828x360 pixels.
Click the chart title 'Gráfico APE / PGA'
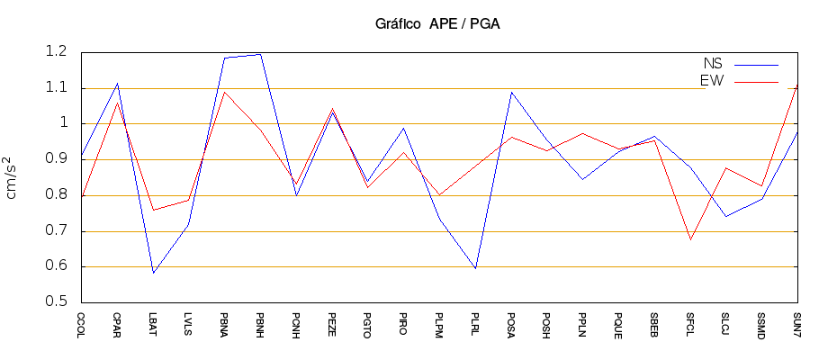(x=437, y=24)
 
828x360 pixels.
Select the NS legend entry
(x=712, y=64)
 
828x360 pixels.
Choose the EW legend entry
(x=712, y=81)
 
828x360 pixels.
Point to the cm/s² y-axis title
(x=12, y=177)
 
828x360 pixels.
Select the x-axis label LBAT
(x=153, y=324)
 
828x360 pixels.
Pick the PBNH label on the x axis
(x=260, y=324)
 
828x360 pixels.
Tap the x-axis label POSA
(x=510, y=325)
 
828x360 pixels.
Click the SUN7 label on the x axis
(x=796, y=324)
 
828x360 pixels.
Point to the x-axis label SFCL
(x=689, y=324)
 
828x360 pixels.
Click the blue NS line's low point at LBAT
(x=153, y=273)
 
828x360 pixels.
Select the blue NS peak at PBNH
(x=260, y=54)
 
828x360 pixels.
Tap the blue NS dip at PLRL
(x=475, y=268)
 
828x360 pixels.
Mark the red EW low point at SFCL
(x=689, y=239)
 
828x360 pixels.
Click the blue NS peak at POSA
(x=510, y=92)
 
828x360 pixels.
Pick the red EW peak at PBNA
(x=224, y=92)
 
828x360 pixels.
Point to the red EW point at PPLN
(x=582, y=133)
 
